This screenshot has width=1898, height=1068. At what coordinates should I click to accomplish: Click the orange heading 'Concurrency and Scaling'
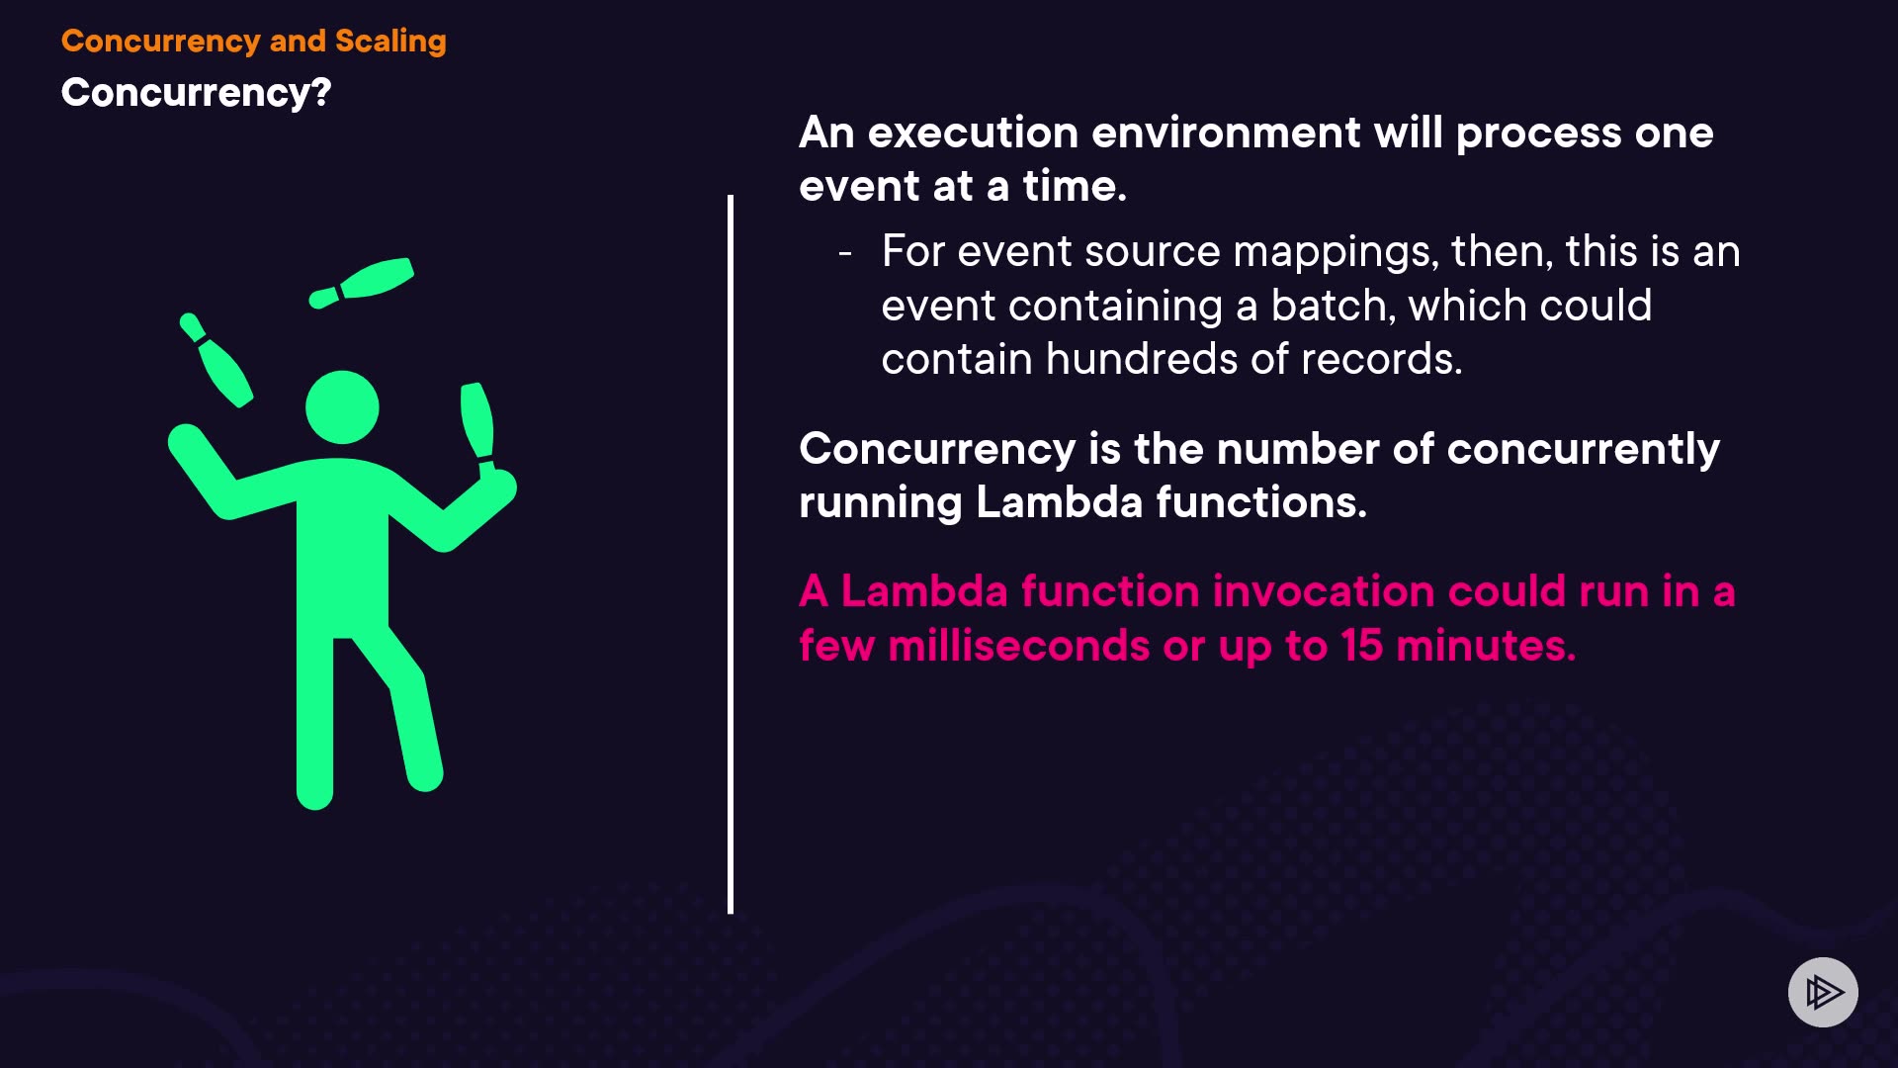pyautogui.click(x=254, y=42)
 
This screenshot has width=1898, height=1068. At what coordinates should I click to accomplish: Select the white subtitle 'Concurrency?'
pyautogui.click(x=196, y=93)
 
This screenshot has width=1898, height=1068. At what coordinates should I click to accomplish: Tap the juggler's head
pyautogui.click(x=342, y=407)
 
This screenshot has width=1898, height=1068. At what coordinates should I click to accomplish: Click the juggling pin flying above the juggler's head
pyautogui.click(x=362, y=282)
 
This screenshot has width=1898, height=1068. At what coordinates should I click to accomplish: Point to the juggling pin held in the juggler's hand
pyautogui.click(x=478, y=427)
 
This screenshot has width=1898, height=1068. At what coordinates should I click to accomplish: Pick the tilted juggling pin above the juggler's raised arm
pyautogui.click(x=216, y=359)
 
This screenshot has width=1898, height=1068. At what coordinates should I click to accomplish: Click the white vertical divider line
pyautogui.click(x=731, y=555)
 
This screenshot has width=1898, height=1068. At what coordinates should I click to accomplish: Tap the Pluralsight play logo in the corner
pyautogui.click(x=1823, y=992)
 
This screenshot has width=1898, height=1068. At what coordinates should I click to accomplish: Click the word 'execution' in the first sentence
pyautogui.click(x=973, y=133)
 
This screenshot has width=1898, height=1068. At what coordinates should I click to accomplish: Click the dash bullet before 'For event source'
pyautogui.click(x=845, y=254)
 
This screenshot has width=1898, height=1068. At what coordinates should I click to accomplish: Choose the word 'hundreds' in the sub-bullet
pyautogui.click(x=1142, y=359)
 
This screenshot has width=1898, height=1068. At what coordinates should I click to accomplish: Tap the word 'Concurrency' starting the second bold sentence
pyautogui.click(x=937, y=450)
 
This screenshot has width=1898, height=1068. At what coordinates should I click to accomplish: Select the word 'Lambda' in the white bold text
pyautogui.click(x=1060, y=502)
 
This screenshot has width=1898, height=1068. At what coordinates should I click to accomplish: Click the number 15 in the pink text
pyautogui.click(x=1361, y=646)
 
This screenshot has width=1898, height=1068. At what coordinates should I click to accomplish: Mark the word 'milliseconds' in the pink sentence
pyautogui.click(x=1019, y=646)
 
